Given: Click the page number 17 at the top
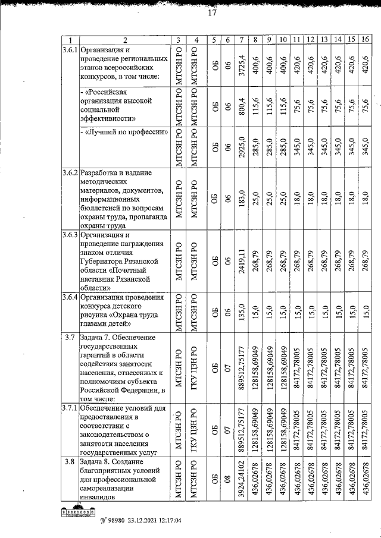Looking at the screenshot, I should click(x=212, y=14).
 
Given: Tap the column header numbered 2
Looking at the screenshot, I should click(x=124, y=40).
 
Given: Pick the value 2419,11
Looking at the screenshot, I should click(x=242, y=261).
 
